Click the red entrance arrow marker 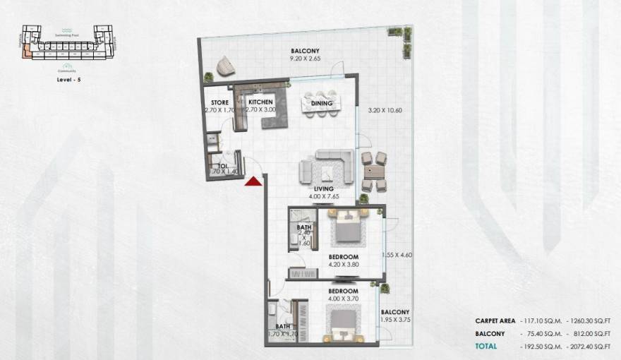pyautogui.click(x=253, y=182)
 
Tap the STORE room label pyautogui.click(x=219, y=102)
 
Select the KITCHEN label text pyautogui.click(x=260, y=102)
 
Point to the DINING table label pyautogui.click(x=322, y=104)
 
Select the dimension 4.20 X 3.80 pyautogui.click(x=344, y=265)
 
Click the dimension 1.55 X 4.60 pyautogui.click(x=396, y=255)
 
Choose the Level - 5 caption pyautogui.click(x=66, y=81)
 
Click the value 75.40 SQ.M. pyautogui.click(x=542, y=333)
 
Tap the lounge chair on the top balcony pyautogui.click(x=227, y=65)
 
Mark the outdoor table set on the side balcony pyautogui.click(x=374, y=172)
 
